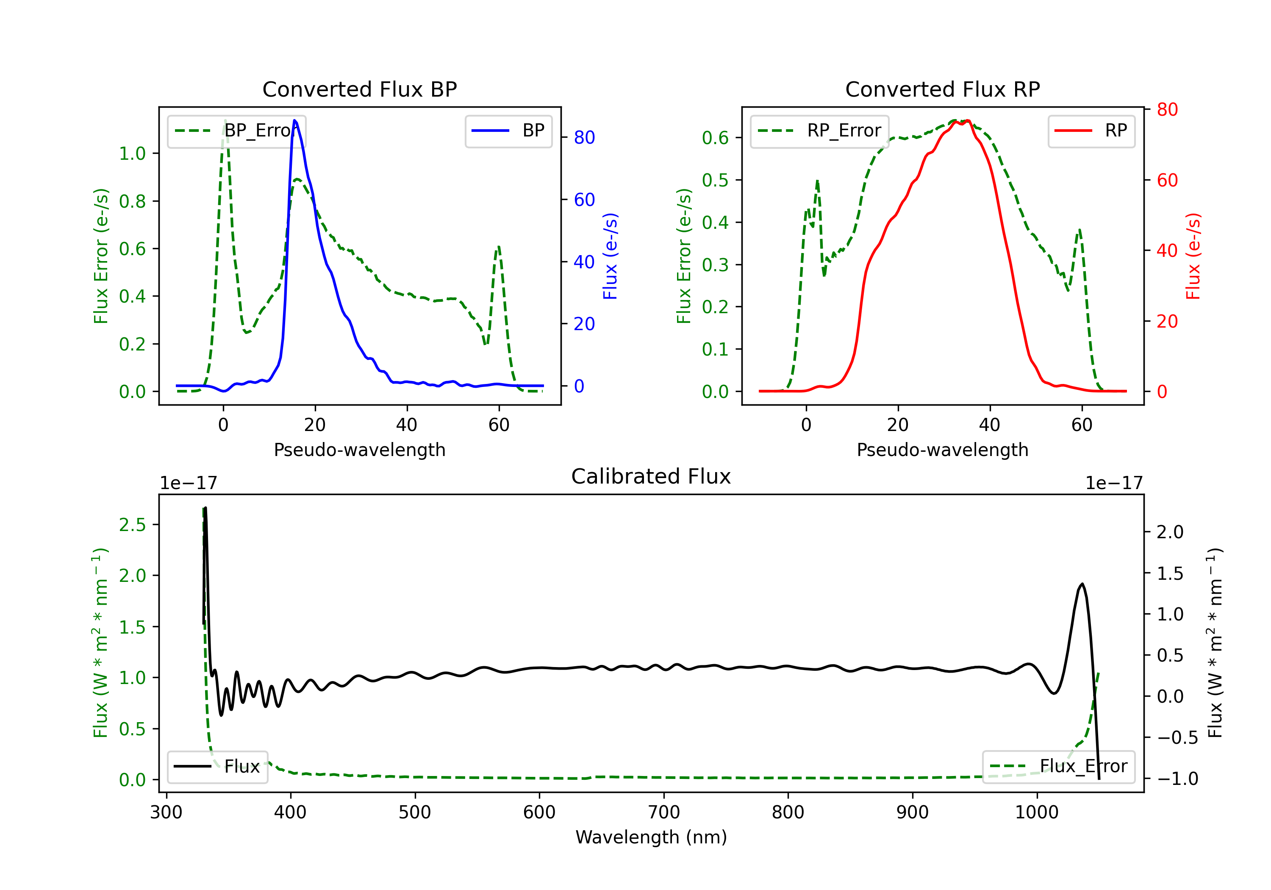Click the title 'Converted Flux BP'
pos(359,89)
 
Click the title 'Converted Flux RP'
pos(942,89)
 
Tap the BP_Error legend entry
pos(236,131)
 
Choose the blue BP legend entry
pos(508,131)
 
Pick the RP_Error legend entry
pos(819,131)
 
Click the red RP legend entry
pos(1091,131)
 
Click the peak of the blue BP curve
pos(294,120)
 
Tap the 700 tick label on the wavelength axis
pos(664,812)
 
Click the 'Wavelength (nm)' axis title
pos(651,837)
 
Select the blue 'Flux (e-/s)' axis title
pos(610,256)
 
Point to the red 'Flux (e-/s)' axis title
pos(1193,256)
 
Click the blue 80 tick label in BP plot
pos(584,137)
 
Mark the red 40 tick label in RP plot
pos(1167,250)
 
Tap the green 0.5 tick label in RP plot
pos(715,180)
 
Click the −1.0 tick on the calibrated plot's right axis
pos(1177,779)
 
